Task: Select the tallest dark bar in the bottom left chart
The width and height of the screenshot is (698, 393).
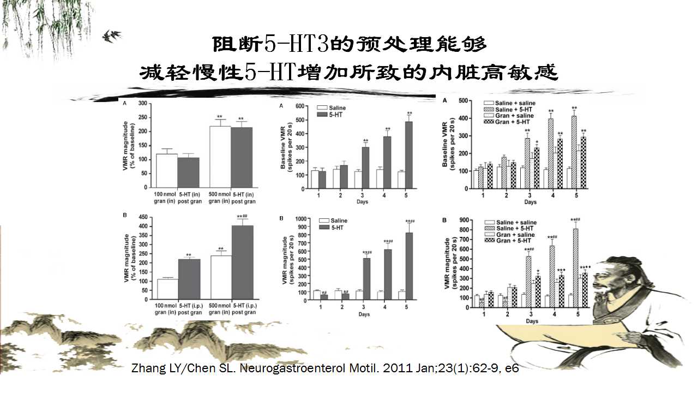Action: [x=243, y=262]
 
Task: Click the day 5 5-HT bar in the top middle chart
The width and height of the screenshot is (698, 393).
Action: [x=408, y=155]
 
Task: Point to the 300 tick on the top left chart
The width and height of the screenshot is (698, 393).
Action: [x=143, y=103]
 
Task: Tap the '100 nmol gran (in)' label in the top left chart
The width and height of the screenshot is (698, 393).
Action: [x=166, y=197]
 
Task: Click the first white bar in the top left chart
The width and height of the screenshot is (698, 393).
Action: [x=166, y=171]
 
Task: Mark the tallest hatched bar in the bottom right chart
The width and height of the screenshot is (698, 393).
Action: [x=575, y=268]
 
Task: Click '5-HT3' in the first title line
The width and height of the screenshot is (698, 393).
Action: [x=296, y=44]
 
